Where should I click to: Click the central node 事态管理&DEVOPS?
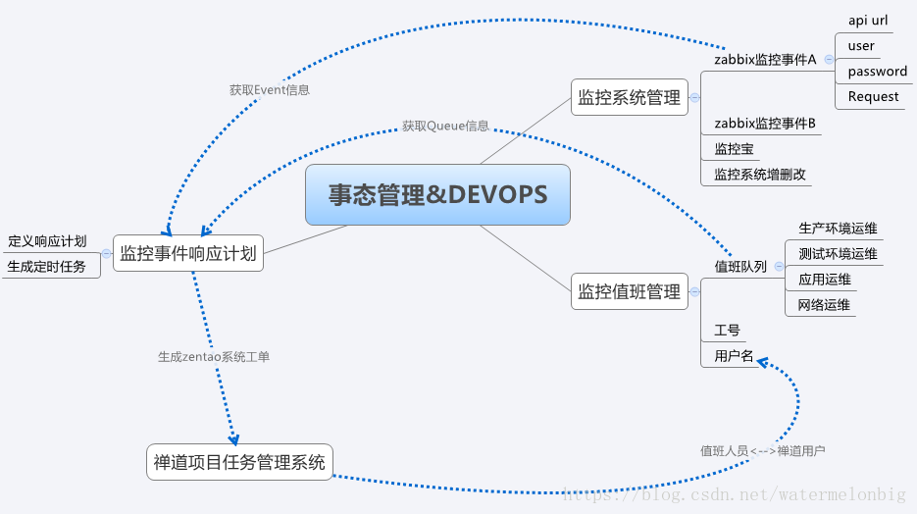click(437, 194)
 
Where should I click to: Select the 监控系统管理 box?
click(629, 97)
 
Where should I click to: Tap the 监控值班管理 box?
click(629, 291)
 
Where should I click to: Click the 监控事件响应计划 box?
click(187, 254)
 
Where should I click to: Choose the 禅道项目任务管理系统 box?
click(239, 462)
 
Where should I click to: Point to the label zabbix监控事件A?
click(765, 59)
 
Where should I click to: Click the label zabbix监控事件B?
click(765, 124)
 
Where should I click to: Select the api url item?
click(867, 20)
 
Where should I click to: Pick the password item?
click(877, 71)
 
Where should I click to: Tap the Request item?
click(873, 96)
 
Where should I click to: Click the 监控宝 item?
click(734, 149)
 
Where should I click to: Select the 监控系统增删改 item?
click(760, 175)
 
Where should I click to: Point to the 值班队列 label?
click(740, 267)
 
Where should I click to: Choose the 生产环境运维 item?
click(838, 229)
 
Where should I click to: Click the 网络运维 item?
click(824, 305)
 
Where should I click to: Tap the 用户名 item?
click(734, 356)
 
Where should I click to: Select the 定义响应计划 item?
click(47, 241)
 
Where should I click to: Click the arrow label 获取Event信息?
click(270, 89)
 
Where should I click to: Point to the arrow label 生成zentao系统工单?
click(214, 357)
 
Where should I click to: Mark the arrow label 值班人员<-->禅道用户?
click(762, 451)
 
